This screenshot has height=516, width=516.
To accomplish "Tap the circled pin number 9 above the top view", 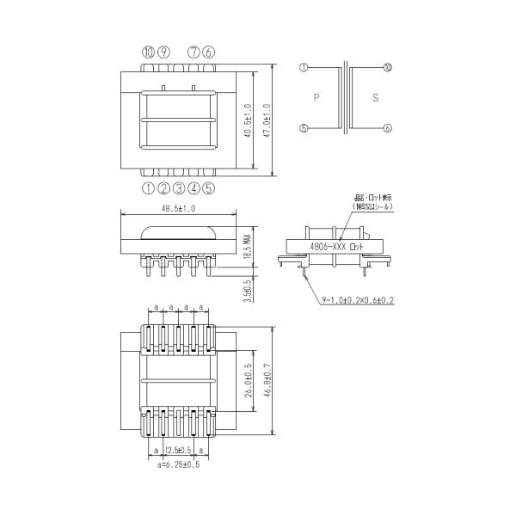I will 163,52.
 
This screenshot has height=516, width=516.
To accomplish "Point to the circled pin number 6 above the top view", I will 208,52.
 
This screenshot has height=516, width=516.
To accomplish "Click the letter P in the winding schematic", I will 317,98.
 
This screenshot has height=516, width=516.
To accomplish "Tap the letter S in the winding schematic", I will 376,98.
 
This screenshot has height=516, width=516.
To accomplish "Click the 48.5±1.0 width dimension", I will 178,208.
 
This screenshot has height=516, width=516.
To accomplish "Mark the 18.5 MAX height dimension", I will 246,243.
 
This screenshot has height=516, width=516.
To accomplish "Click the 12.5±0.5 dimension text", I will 178,450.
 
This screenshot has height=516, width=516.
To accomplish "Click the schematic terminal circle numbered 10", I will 388,67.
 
